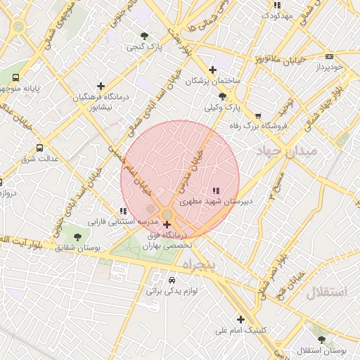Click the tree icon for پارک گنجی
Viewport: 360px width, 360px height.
pyautogui.click(x=144, y=35)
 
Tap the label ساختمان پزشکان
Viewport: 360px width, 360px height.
pyautogui.click(x=212, y=82)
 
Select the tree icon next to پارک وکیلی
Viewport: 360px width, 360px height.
pyautogui.click(x=223, y=96)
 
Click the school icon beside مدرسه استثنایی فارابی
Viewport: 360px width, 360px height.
pyautogui.click(x=123, y=211)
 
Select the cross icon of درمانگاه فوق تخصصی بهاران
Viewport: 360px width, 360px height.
pyautogui.click(x=167, y=225)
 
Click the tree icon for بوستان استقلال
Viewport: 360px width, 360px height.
pyautogui.click(x=321, y=340)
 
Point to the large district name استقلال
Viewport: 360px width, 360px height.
pyautogui.click(x=327, y=293)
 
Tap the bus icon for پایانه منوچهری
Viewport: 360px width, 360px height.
pyautogui.click(x=15, y=78)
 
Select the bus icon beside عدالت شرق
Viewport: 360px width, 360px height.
pyautogui.click(x=39, y=148)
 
